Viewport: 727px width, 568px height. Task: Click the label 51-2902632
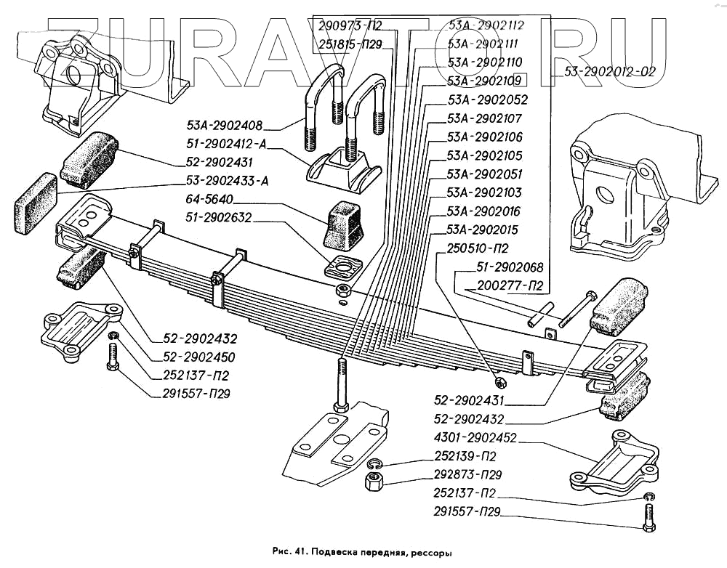coord(218,217)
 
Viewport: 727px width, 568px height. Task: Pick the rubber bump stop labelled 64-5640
coord(344,224)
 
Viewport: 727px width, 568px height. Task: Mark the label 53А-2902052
coord(486,100)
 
